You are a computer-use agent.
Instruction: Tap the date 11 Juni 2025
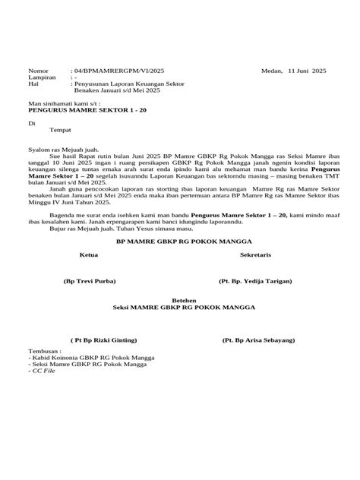point(308,68)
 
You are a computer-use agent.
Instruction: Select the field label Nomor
point(37,68)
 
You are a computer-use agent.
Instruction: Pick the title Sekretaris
point(257,256)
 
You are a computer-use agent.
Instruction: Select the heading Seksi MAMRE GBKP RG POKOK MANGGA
point(183,308)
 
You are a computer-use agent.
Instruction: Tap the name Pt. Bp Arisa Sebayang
point(258,341)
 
